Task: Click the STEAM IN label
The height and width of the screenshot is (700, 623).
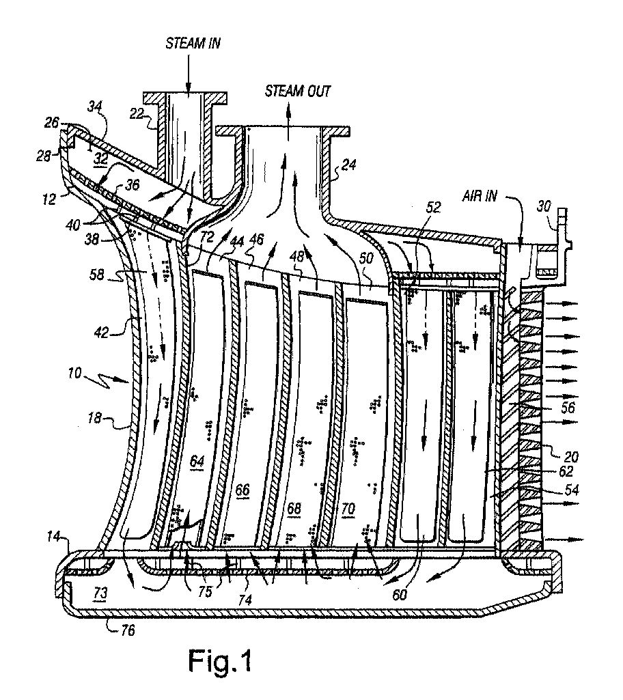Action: [x=193, y=43]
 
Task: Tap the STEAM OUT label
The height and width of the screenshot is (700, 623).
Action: [x=297, y=91]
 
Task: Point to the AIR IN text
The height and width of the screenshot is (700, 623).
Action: [x=480, y=195]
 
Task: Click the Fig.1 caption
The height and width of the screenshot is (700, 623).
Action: [x=220, y=660]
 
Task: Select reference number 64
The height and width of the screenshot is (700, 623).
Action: [x=197, y=460]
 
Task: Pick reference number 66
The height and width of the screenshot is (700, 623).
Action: [x=243, y=490]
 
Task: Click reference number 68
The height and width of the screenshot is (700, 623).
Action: [x=294, y=508]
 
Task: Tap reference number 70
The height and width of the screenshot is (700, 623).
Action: [x=348, y=508]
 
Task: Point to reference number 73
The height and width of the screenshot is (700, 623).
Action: [x=100, y=593]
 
